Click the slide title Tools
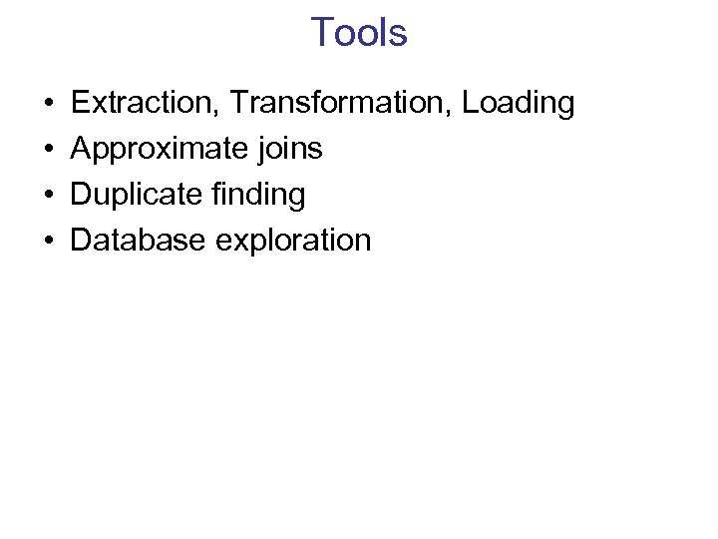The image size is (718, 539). point(358,33)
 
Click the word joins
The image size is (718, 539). point(289,150)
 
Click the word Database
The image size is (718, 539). point(139,241)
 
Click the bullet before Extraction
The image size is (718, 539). point(48,104)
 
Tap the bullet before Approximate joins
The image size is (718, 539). point(48,150)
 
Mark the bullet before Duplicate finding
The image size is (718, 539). point(48,196)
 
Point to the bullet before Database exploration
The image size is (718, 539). point(48,242)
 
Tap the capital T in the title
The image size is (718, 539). point(322,33)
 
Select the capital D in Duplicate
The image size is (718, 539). point(80,195)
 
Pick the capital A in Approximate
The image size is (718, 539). point(81,149)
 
